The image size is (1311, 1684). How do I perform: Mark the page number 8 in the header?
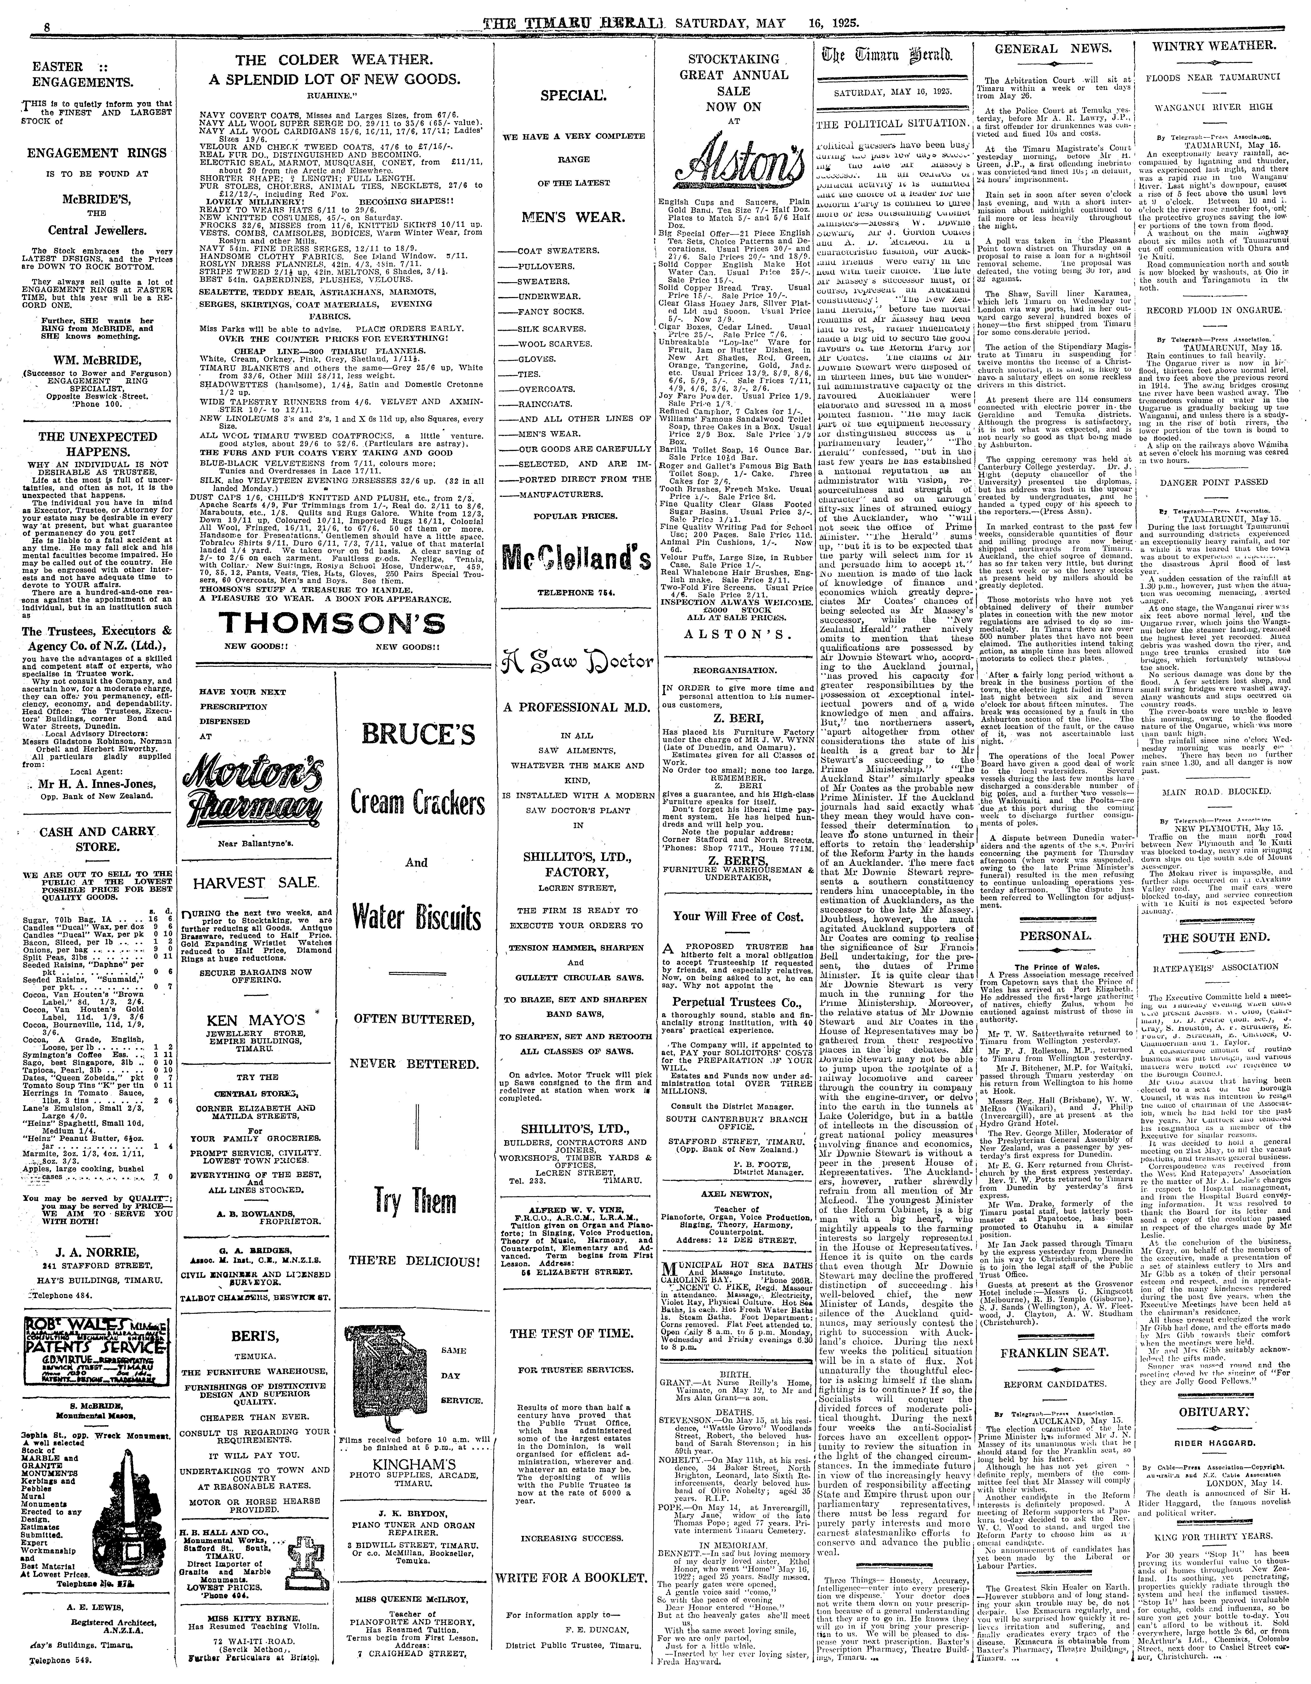[25, 26]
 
